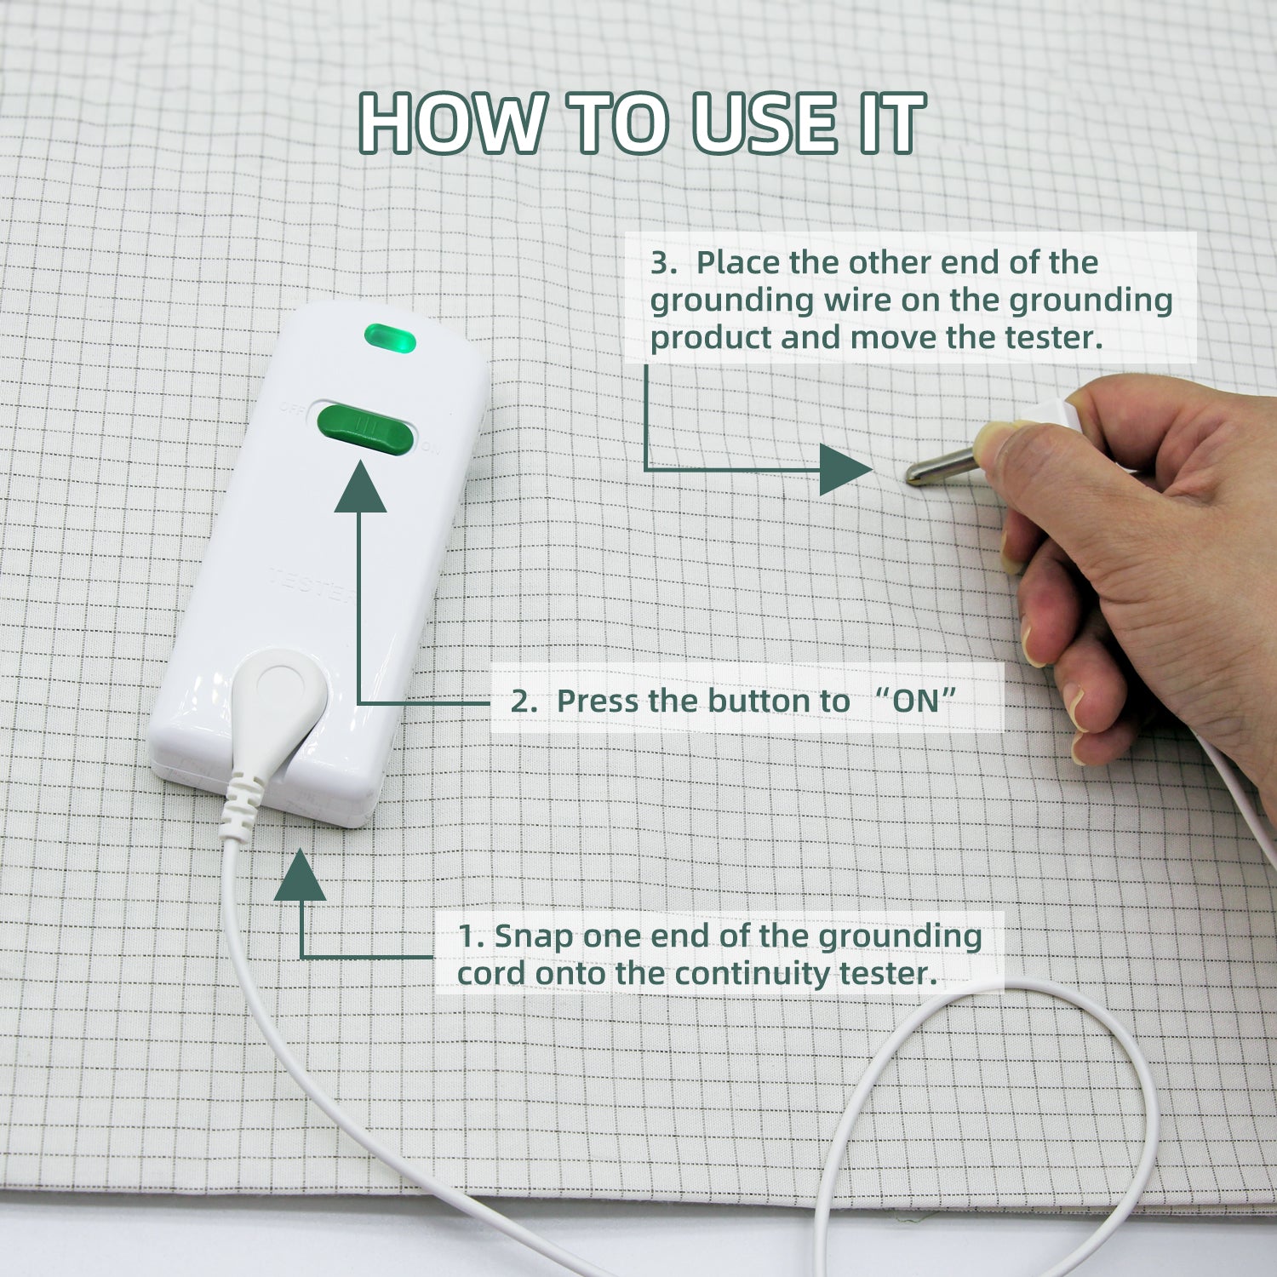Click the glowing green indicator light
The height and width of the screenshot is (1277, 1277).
pos(390,338)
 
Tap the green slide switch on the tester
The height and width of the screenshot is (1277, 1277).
pos(365,430)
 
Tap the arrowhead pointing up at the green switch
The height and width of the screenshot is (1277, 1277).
pos(360,487)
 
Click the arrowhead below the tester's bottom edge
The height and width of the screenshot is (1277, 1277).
pos(301,874)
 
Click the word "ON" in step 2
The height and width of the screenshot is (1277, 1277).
pos(916,701)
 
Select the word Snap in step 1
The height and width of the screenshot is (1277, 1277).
pos(533,937)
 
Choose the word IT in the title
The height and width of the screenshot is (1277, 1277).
pos(893,123)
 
